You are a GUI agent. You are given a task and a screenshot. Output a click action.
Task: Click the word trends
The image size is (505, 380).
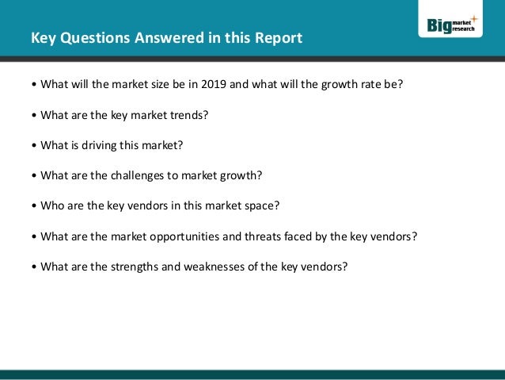(191, 115)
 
